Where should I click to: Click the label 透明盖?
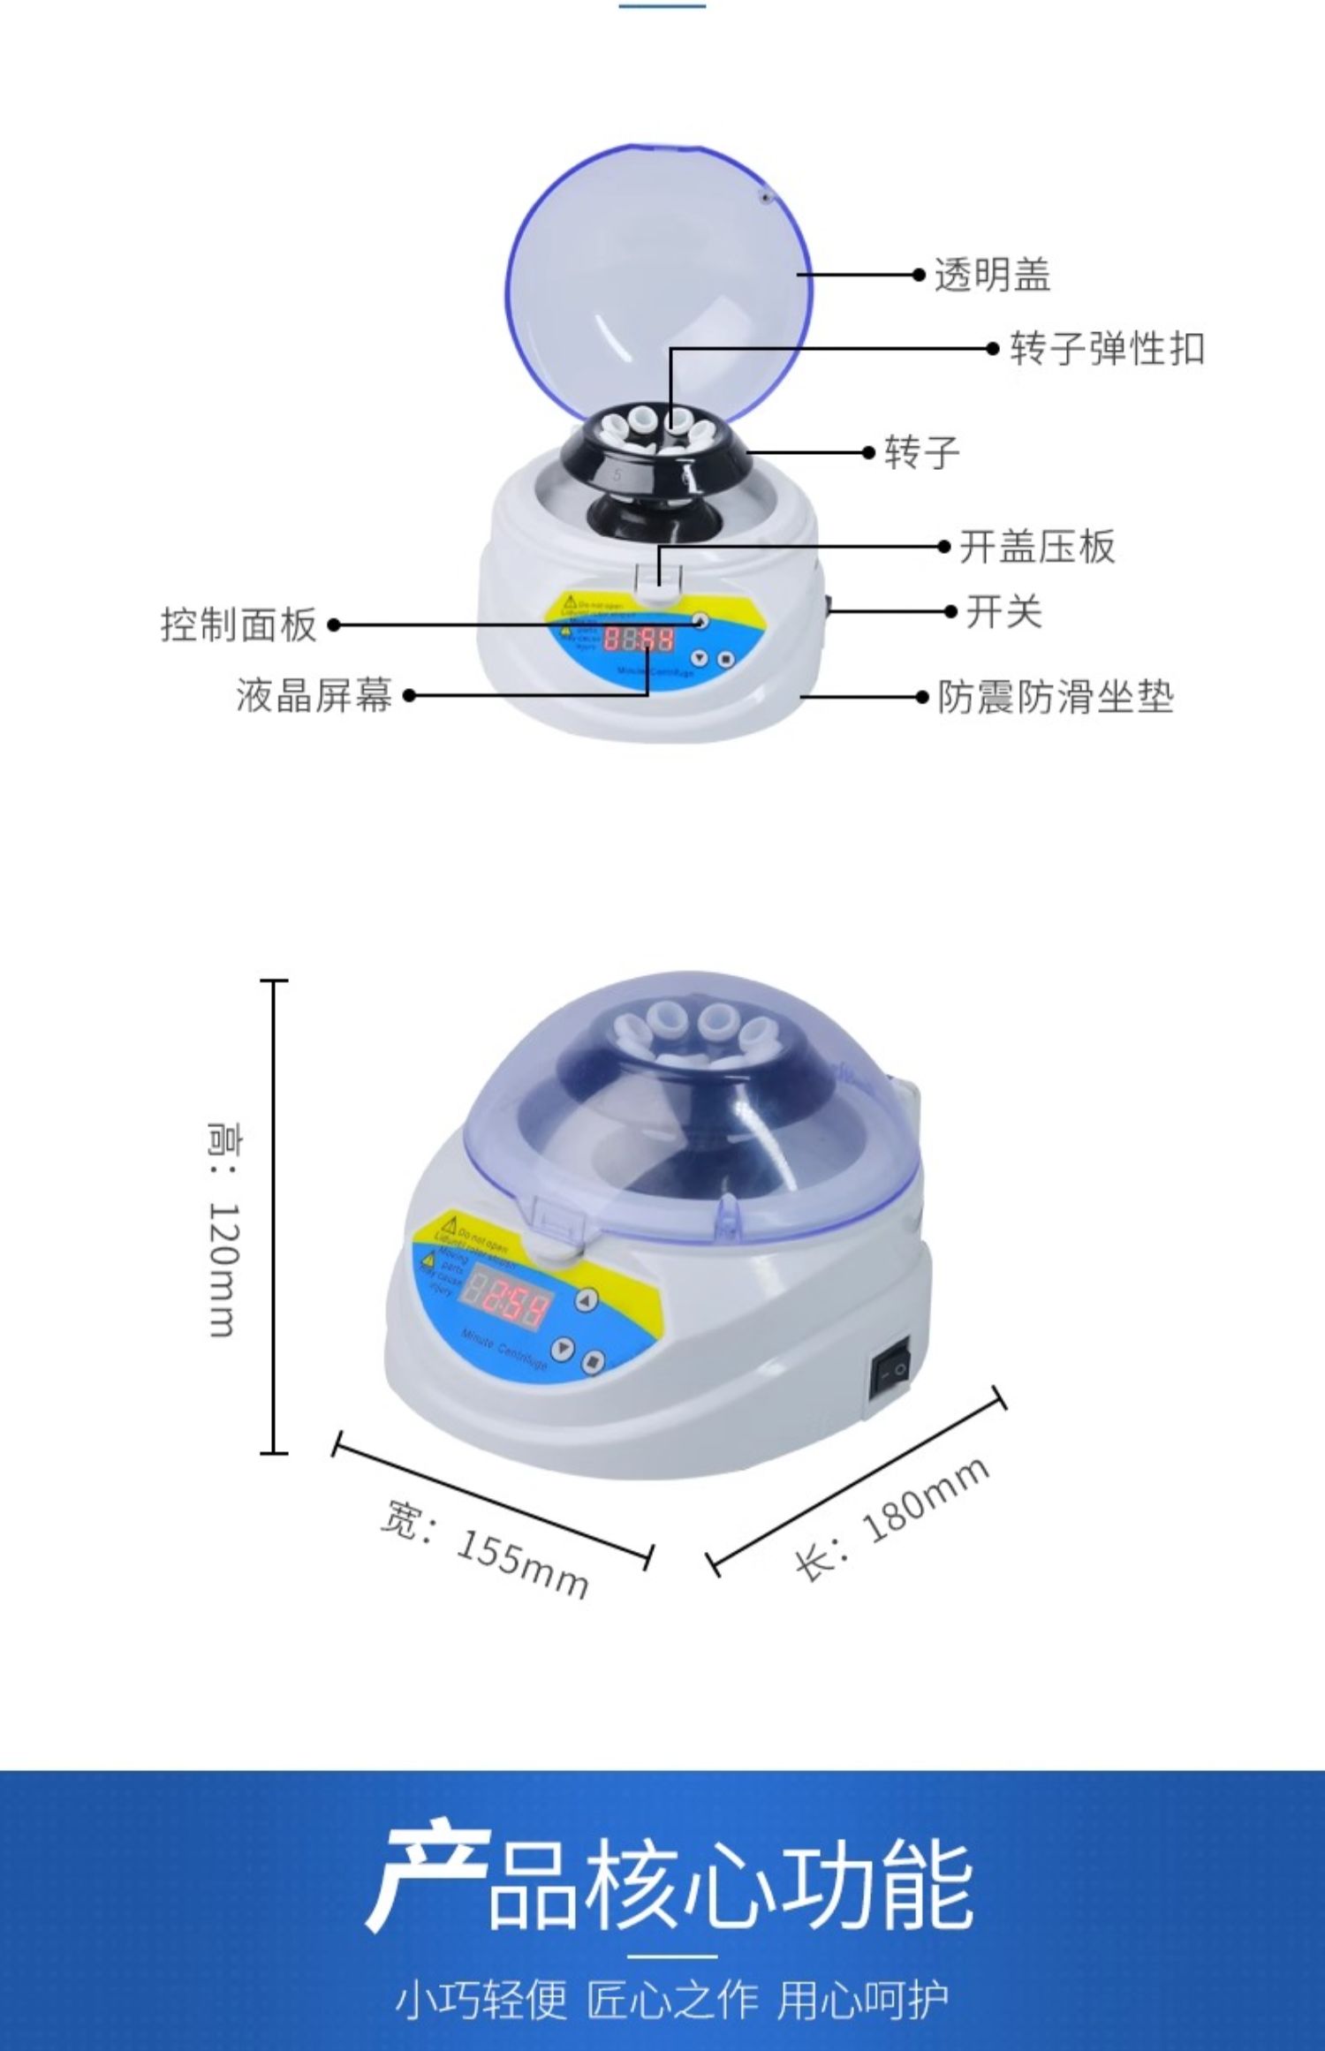click(992, 275)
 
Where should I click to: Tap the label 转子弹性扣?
click(1107, 348)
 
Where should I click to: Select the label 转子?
click(921, 452)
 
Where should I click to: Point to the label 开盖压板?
click(1037, 546)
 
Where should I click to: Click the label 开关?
click(1003, 611)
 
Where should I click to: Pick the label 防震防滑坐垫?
click(1055, 697)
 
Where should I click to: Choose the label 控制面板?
click(238, 624)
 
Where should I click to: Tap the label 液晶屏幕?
click(314, 695)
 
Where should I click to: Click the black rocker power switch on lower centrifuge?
click(890, 1372)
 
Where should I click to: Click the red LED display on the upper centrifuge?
click(638, 640)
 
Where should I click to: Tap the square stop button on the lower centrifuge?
click(593, 1361)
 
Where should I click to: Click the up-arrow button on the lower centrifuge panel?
click(587, 1299)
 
